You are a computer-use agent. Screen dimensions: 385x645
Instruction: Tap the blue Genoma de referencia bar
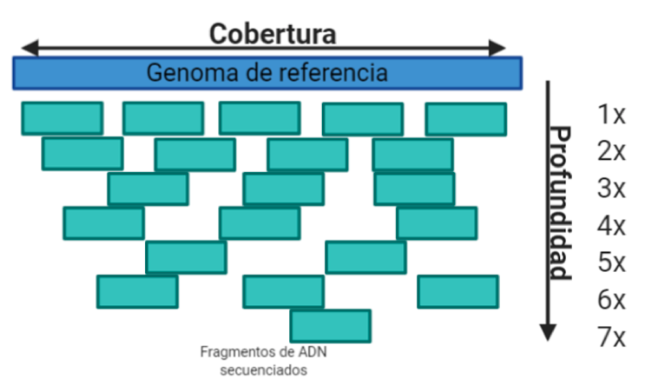click(x=267, y=72)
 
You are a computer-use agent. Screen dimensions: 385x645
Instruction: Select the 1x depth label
click(x=611, y=114)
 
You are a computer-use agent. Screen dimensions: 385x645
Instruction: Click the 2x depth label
click(x=611, y=151)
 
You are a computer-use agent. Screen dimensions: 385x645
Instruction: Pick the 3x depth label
click(x=611, y=189)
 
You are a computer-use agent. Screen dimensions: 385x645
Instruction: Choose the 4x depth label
click(x=611, y=226)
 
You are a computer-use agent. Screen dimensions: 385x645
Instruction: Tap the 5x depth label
click(x=611, y=262)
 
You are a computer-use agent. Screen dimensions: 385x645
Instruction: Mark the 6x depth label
click(x=611, y=300)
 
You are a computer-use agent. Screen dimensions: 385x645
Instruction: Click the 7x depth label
click(x=611, y=337)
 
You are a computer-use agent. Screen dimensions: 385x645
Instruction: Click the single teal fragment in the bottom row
click(x=330, y=326)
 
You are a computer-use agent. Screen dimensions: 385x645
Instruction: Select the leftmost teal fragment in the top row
click(x=62, y=118)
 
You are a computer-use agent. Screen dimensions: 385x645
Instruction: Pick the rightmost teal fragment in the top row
click(x=465, y=119)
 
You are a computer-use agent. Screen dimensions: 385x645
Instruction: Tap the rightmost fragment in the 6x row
click(x=457, y=291)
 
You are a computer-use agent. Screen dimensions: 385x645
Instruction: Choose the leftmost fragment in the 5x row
click(x=186, y=257)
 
